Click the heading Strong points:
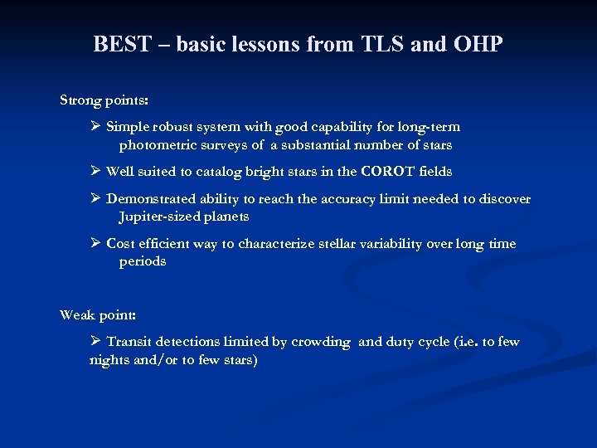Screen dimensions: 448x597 pyautogui.click(x=104, y=100)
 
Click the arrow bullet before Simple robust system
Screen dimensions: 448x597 pyautogui.click(x=96, y=127)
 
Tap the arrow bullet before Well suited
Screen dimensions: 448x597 pyautogui.click(x=96, y=172)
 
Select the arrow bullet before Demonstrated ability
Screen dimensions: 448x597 pyautogui.click(x=96, y=199)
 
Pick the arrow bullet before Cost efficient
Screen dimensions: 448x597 pyautogui.click(x=96, y=244)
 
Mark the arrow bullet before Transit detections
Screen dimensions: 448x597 pyautogui.click(x=96, y=342)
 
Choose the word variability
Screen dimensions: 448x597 pyautogui.click(x=391, y=244)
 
